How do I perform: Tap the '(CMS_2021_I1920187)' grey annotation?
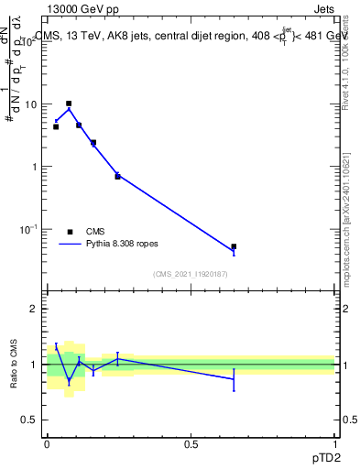coord(190,274)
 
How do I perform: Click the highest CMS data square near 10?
coord(69,104)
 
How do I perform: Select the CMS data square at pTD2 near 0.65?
coord(234,246)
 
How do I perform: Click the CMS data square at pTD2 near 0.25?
coord(117,176)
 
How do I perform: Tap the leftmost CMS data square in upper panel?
coord(56,126)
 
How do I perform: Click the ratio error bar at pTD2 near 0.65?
coord(234,379)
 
